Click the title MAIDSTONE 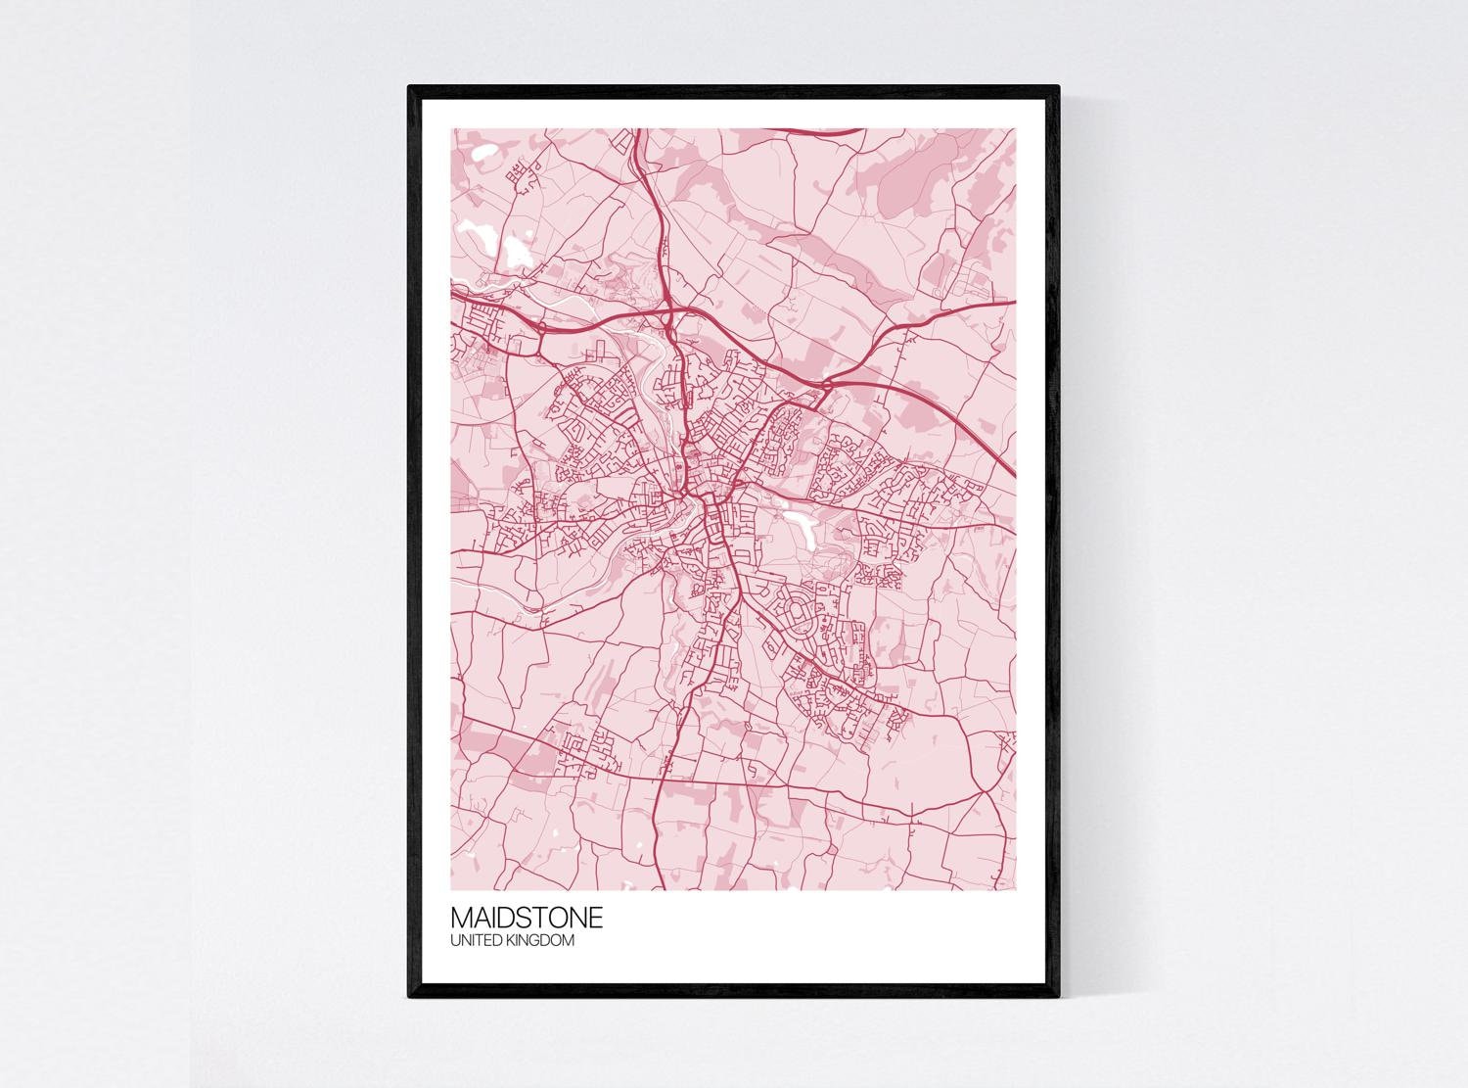pyautogui.click(x=526, y=919)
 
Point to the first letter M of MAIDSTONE pyautogui.click(x=461, y=919)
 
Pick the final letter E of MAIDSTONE pyautogui.click(x=595, y=919)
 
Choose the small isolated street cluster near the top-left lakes pyautogui.click(x=523, y=176)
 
